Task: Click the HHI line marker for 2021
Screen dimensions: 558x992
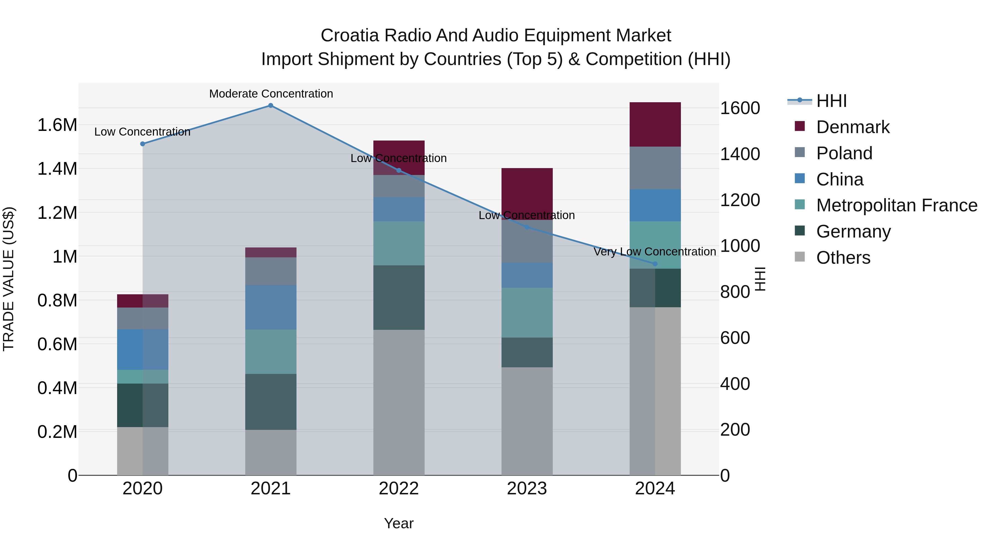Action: pos(270,106)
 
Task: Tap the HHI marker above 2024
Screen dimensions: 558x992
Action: pos(655,264)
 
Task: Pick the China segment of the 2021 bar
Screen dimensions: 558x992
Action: pos(270,307)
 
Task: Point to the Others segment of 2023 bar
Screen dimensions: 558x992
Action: pos(527,420)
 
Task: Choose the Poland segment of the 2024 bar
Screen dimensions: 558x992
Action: pos(655,168)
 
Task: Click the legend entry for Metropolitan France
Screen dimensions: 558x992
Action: pos(896,205)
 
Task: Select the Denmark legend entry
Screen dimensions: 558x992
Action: pos(852,127)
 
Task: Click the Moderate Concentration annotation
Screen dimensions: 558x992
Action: pos(271,94)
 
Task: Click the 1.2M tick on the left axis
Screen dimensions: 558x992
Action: pos(57,212)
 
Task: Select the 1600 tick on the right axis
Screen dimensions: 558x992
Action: pos(740,108)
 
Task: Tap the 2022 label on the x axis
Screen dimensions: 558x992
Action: pos(398,489)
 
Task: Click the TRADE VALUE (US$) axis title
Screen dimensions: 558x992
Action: pos(9,279)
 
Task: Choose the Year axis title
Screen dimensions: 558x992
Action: pos(398,523)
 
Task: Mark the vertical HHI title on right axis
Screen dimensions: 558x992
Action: pos(760,279)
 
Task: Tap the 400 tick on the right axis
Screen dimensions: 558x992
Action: pos(735,384)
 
